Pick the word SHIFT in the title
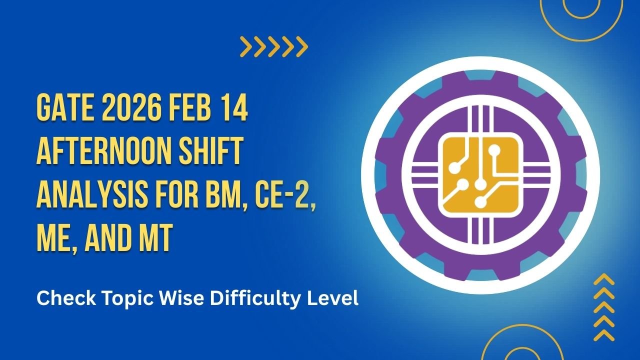[x=210, y=153]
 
